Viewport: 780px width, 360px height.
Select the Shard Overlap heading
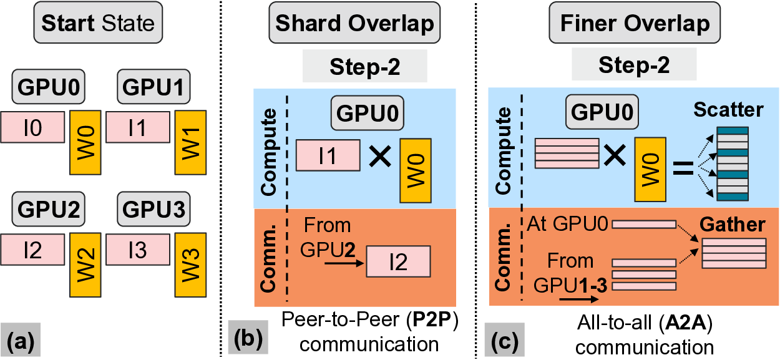[x=355, y=24]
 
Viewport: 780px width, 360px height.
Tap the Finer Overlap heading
[x=635, y=24]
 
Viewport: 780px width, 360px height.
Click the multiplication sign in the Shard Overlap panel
[x=379, y=155]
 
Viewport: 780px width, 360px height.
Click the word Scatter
[x=731, y=110]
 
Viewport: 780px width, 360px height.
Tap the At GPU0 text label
[x=568, y=223]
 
